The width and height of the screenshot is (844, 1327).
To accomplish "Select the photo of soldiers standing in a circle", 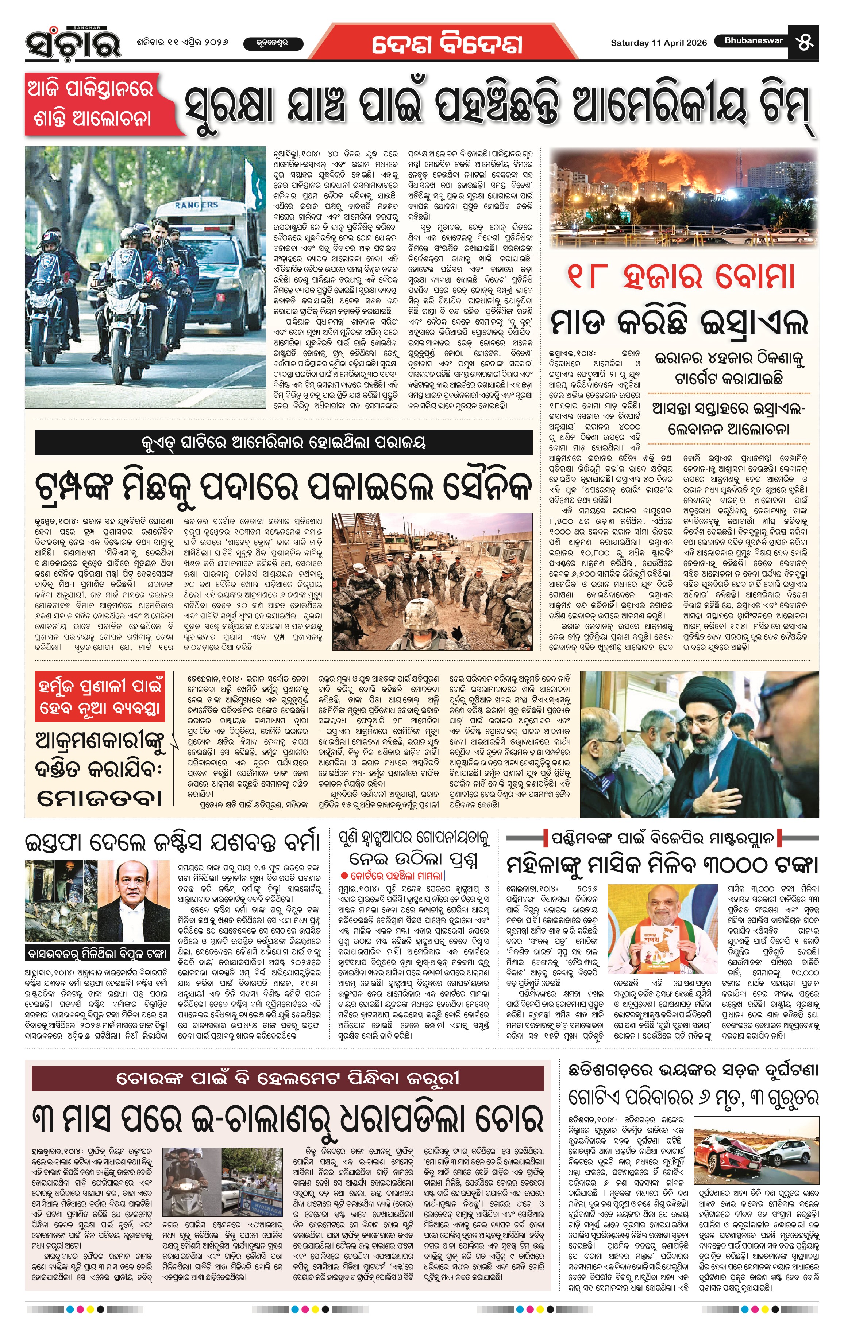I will coord(432,581).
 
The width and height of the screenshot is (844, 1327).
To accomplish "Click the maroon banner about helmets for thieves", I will coord(287,1078).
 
